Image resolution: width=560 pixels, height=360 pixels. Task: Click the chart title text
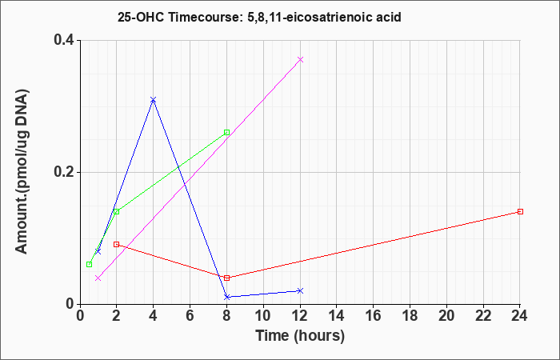pyautogui.click(x=259, y=17)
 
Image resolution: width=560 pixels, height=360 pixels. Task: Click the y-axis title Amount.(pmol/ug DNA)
pyautogui.click(x=22, y=172)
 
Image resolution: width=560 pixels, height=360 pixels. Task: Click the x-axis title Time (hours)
pyautogui.click(x=300, y=336)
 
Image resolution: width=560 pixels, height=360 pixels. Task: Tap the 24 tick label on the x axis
pyautogui.click(x=520, y=316)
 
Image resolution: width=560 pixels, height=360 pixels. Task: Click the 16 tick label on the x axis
pyautogui.click(x=374, y=316)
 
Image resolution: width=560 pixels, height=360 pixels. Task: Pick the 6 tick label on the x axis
pyautogui.click(x=190, y=316)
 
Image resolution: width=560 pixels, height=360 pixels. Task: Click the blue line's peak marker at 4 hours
pyautogui.click(x=154, y=100)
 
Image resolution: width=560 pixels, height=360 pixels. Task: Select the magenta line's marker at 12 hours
pyautogui.click(x=300, y=59)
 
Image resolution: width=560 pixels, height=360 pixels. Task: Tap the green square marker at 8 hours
pyautogui.click(x=226, y=133)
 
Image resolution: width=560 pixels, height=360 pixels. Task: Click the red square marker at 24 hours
pyautogui.click(x=520, y=211)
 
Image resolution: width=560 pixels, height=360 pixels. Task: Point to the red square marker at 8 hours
pyautogui.click(x=226, y=278)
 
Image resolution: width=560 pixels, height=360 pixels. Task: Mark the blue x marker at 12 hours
pyautogui.click(x=300, y=290)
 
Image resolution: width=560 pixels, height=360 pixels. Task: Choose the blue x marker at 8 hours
pyautogui.click(x=226, y=297)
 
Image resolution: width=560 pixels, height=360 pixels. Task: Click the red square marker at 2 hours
pyautogui.click(x=116, y=244)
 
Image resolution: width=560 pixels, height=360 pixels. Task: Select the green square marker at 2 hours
pyautogui.click(x=116, y=211)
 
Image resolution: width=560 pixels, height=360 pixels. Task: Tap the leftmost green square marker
pyautogui.click(x=89, y=264)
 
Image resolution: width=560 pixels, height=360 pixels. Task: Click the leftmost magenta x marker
pyautogui.click(x=98, y=278)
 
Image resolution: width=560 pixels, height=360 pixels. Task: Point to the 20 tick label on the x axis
pyautogui.click(x=446, y=316)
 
